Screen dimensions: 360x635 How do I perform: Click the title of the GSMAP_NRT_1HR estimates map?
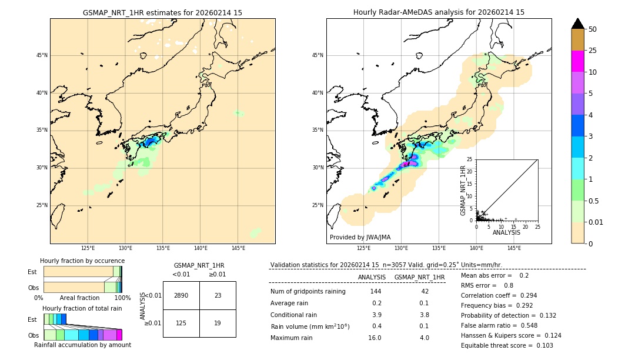[162, 12]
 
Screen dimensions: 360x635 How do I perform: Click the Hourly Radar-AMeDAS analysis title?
[439, 12]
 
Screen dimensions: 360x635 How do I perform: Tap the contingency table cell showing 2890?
[181, 295]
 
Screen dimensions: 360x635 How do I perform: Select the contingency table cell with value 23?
[218, 295]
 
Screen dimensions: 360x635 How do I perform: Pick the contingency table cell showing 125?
[181, 323]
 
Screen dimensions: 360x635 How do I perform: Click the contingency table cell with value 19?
[218, 323]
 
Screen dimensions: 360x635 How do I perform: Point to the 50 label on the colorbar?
[593, 29]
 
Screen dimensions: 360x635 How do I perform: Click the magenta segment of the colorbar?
[577, 61]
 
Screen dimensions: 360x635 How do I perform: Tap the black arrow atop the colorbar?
[577, 24]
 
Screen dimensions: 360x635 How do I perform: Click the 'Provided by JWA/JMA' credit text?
[360, 237]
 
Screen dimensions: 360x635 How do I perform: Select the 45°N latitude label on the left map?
[42, 55]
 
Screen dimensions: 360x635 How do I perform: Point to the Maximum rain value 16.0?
[374, 338]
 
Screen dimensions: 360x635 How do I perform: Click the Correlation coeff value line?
[499, 295]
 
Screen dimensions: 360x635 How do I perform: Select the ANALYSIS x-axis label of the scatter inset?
[506, 232]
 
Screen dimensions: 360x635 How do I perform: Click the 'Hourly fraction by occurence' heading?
[82, 261]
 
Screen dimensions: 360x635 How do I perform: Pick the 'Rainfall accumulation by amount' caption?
[82, 345]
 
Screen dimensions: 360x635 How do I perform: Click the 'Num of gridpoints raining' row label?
[308, 291]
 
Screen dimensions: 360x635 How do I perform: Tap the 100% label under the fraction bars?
[122, 298]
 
